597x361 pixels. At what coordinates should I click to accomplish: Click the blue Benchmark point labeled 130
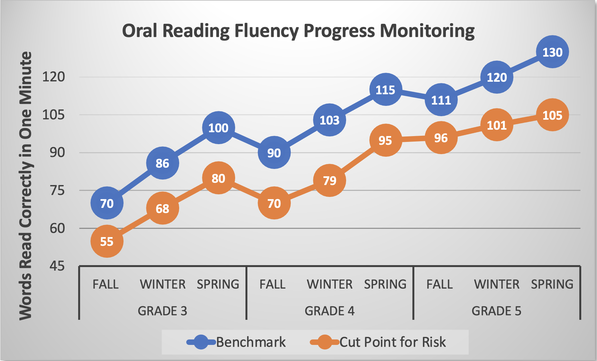coord(552,52)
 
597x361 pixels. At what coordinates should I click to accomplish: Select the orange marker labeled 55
coord(107,241)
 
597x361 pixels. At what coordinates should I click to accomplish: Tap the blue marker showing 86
coord(162,163)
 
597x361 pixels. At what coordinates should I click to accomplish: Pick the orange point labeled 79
coord(329,181)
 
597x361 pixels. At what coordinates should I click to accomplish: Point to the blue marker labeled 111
coord(441,100)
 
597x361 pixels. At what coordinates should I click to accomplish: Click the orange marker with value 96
coord(441,138)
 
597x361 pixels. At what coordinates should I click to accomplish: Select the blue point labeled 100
coord(218,128)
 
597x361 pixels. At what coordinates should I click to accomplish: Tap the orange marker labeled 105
coord(552,115)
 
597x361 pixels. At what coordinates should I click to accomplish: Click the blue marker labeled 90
coord(274,153)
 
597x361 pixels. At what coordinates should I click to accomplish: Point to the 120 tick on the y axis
coord(54,77)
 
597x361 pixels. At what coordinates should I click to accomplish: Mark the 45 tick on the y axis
coord(57,266)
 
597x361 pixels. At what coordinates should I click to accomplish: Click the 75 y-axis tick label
coord(57,190)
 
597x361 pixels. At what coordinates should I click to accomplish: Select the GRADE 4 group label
coord(329,311)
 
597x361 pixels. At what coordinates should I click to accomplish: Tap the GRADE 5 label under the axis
coord(496,311)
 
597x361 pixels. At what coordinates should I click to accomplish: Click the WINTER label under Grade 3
coord(162,284)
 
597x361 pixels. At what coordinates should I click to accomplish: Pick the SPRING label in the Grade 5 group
coord(552,284)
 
